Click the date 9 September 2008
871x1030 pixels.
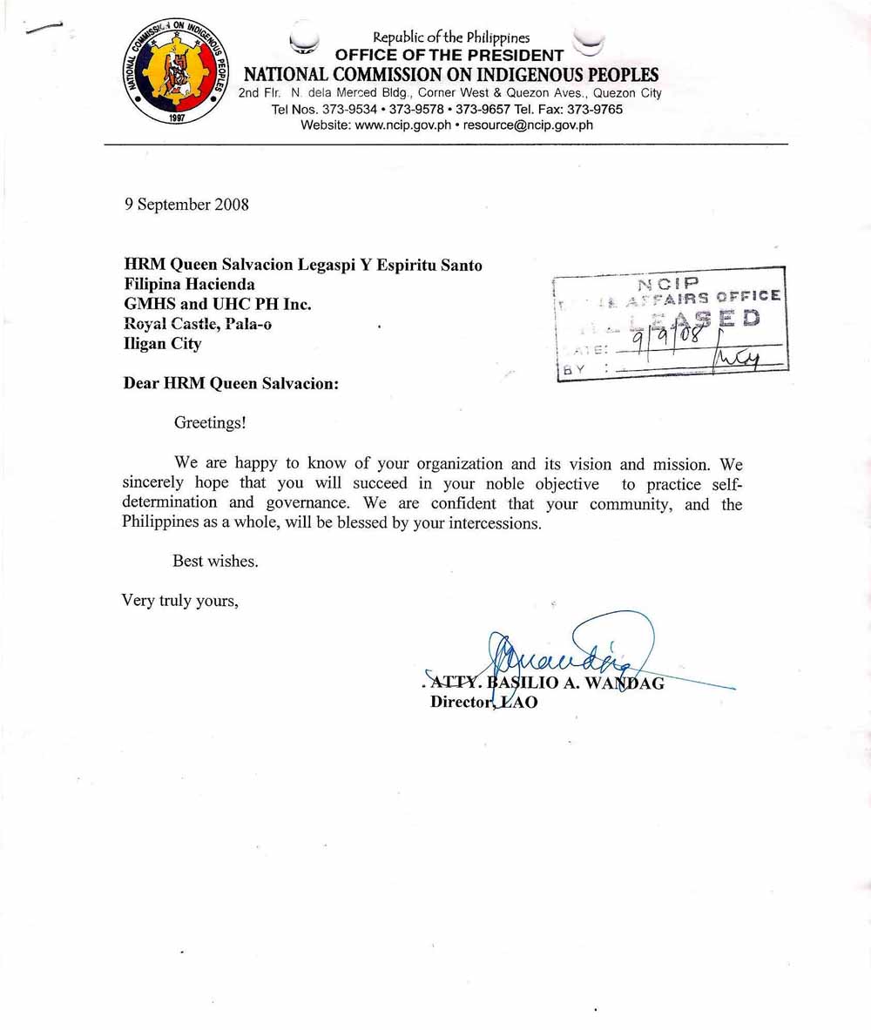(x=186, y=205)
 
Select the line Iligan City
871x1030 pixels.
(x=163, y=344)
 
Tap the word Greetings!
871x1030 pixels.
(x=210, y=423)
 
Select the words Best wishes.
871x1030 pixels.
(x=215, y=562)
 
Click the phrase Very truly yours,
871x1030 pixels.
(x=179, y=600)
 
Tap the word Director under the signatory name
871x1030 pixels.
(x=462, y=703)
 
